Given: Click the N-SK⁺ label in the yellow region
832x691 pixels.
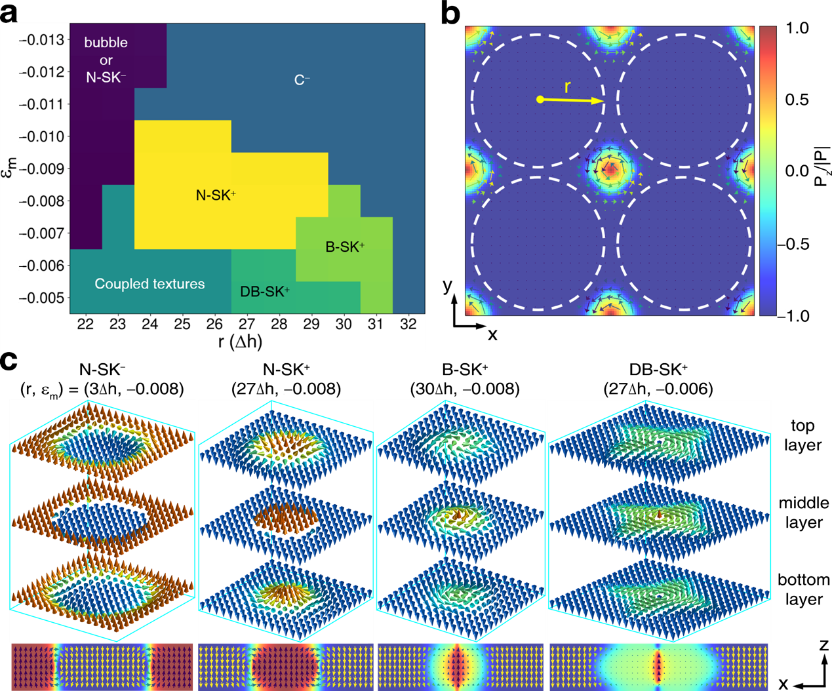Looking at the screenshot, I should [x=216, y=195].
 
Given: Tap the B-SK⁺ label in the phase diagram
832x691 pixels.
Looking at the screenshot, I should [x=345, y=247].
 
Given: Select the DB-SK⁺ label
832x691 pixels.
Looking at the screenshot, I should [x=265, y=292].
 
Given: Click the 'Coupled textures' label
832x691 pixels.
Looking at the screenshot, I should [x=149, y=284].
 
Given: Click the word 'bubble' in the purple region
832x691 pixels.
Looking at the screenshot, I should [x=106, y=43].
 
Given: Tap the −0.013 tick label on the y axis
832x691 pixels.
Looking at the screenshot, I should [x=42, y=39].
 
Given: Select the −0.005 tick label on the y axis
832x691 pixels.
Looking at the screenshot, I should [x=42, y=298].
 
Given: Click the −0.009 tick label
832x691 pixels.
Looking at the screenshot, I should [x=42, y=168].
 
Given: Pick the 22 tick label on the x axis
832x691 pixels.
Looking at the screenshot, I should [x=85, y=324].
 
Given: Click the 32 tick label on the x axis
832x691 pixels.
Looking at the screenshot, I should [x=408, y=324].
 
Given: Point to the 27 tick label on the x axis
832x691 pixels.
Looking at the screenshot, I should [x=247, y=324].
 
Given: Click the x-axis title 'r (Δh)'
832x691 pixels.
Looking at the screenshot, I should [x=240, y=342].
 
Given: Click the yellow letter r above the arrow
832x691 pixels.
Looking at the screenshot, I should [x=568, y=87].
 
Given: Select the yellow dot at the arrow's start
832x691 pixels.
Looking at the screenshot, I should [x=540, y=100].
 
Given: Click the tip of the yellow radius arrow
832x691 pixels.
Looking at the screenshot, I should [x=601, y=101].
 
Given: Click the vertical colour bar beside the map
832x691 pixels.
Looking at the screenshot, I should [x=768, y=170].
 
